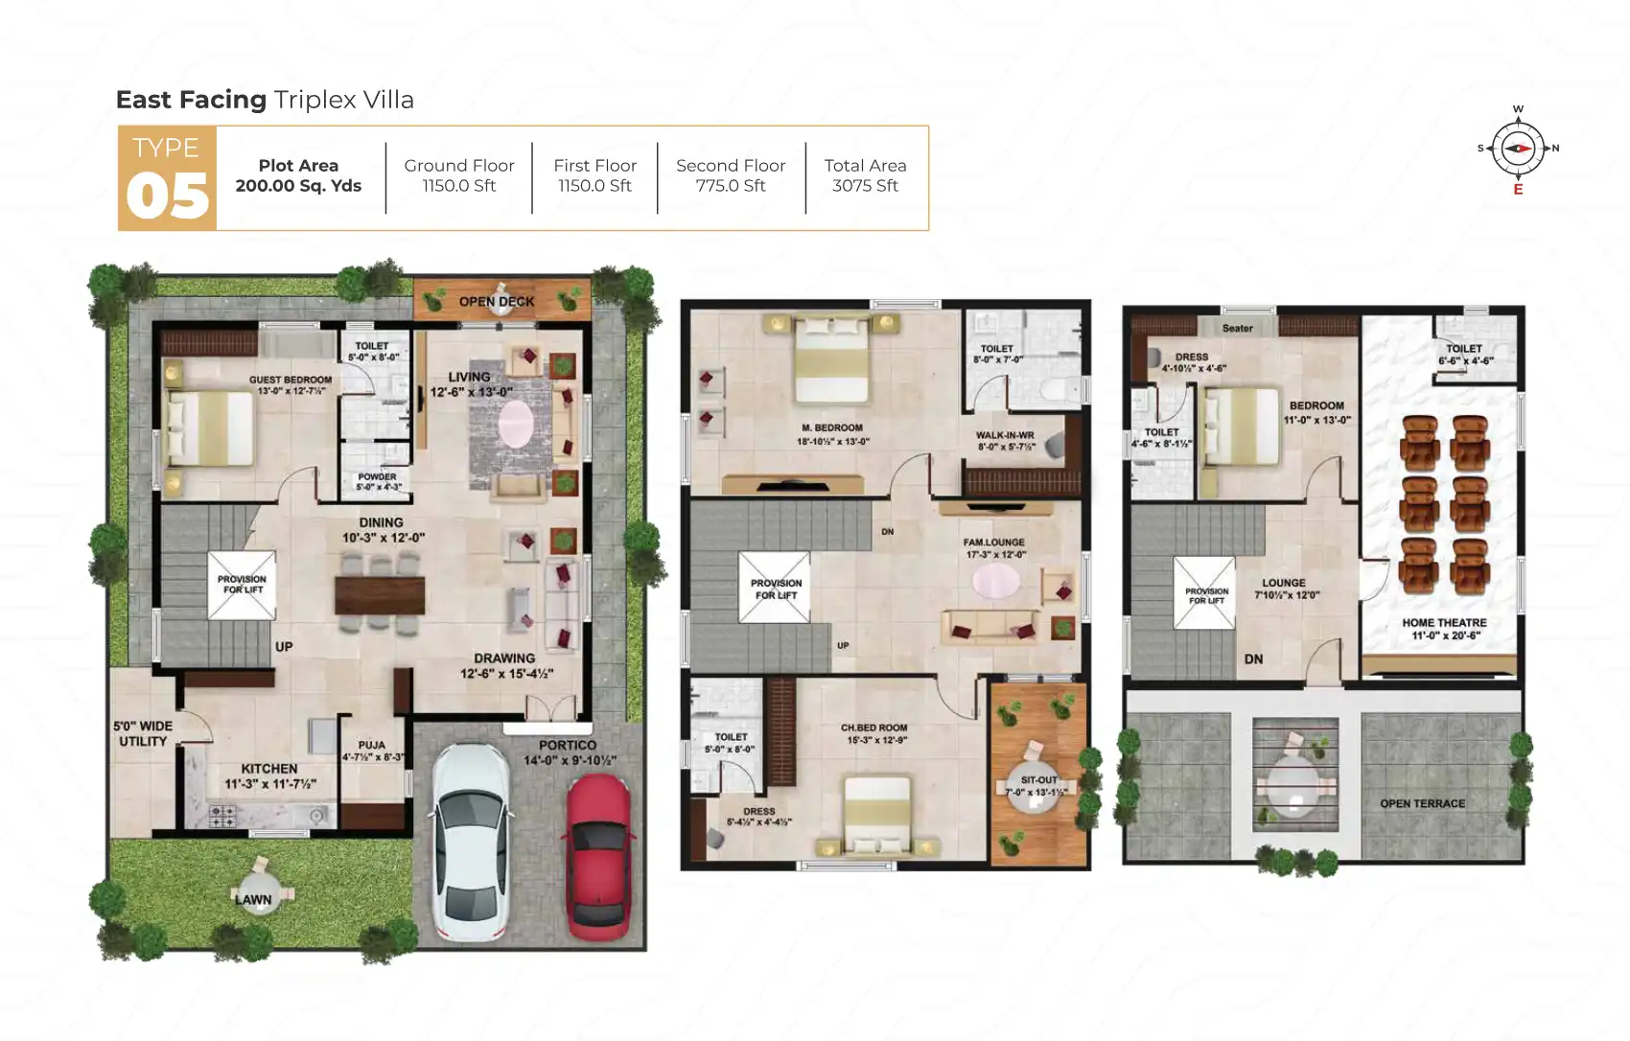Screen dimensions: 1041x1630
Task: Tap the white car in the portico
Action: point(471,842)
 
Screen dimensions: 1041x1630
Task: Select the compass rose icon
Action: point(1518,149)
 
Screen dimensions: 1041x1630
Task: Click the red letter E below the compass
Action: point(1518,190)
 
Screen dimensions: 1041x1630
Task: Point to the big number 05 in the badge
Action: point(167,197)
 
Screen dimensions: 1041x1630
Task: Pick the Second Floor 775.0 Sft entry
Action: point(731,175)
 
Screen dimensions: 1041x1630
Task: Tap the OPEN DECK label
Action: point(497,301)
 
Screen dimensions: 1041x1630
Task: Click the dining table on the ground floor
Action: point(380,595)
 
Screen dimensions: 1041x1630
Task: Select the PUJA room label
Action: point(372,745)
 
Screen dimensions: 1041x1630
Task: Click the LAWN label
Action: point(253,899)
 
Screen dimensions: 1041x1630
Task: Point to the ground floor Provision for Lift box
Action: point(242,585)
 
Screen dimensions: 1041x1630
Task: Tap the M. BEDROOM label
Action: point(832,428)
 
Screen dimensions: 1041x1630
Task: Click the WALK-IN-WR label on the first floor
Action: point(1005,435)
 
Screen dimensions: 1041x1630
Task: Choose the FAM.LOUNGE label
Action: point(994,543)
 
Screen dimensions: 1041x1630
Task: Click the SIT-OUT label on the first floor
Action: point(1039,780)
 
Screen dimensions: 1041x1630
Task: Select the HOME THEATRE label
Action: point(1444,623)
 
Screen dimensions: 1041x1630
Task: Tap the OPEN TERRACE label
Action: point(1422,803)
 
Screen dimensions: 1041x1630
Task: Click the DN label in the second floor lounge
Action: point(1253,659)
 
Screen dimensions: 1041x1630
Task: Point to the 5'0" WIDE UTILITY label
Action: point(143,733)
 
